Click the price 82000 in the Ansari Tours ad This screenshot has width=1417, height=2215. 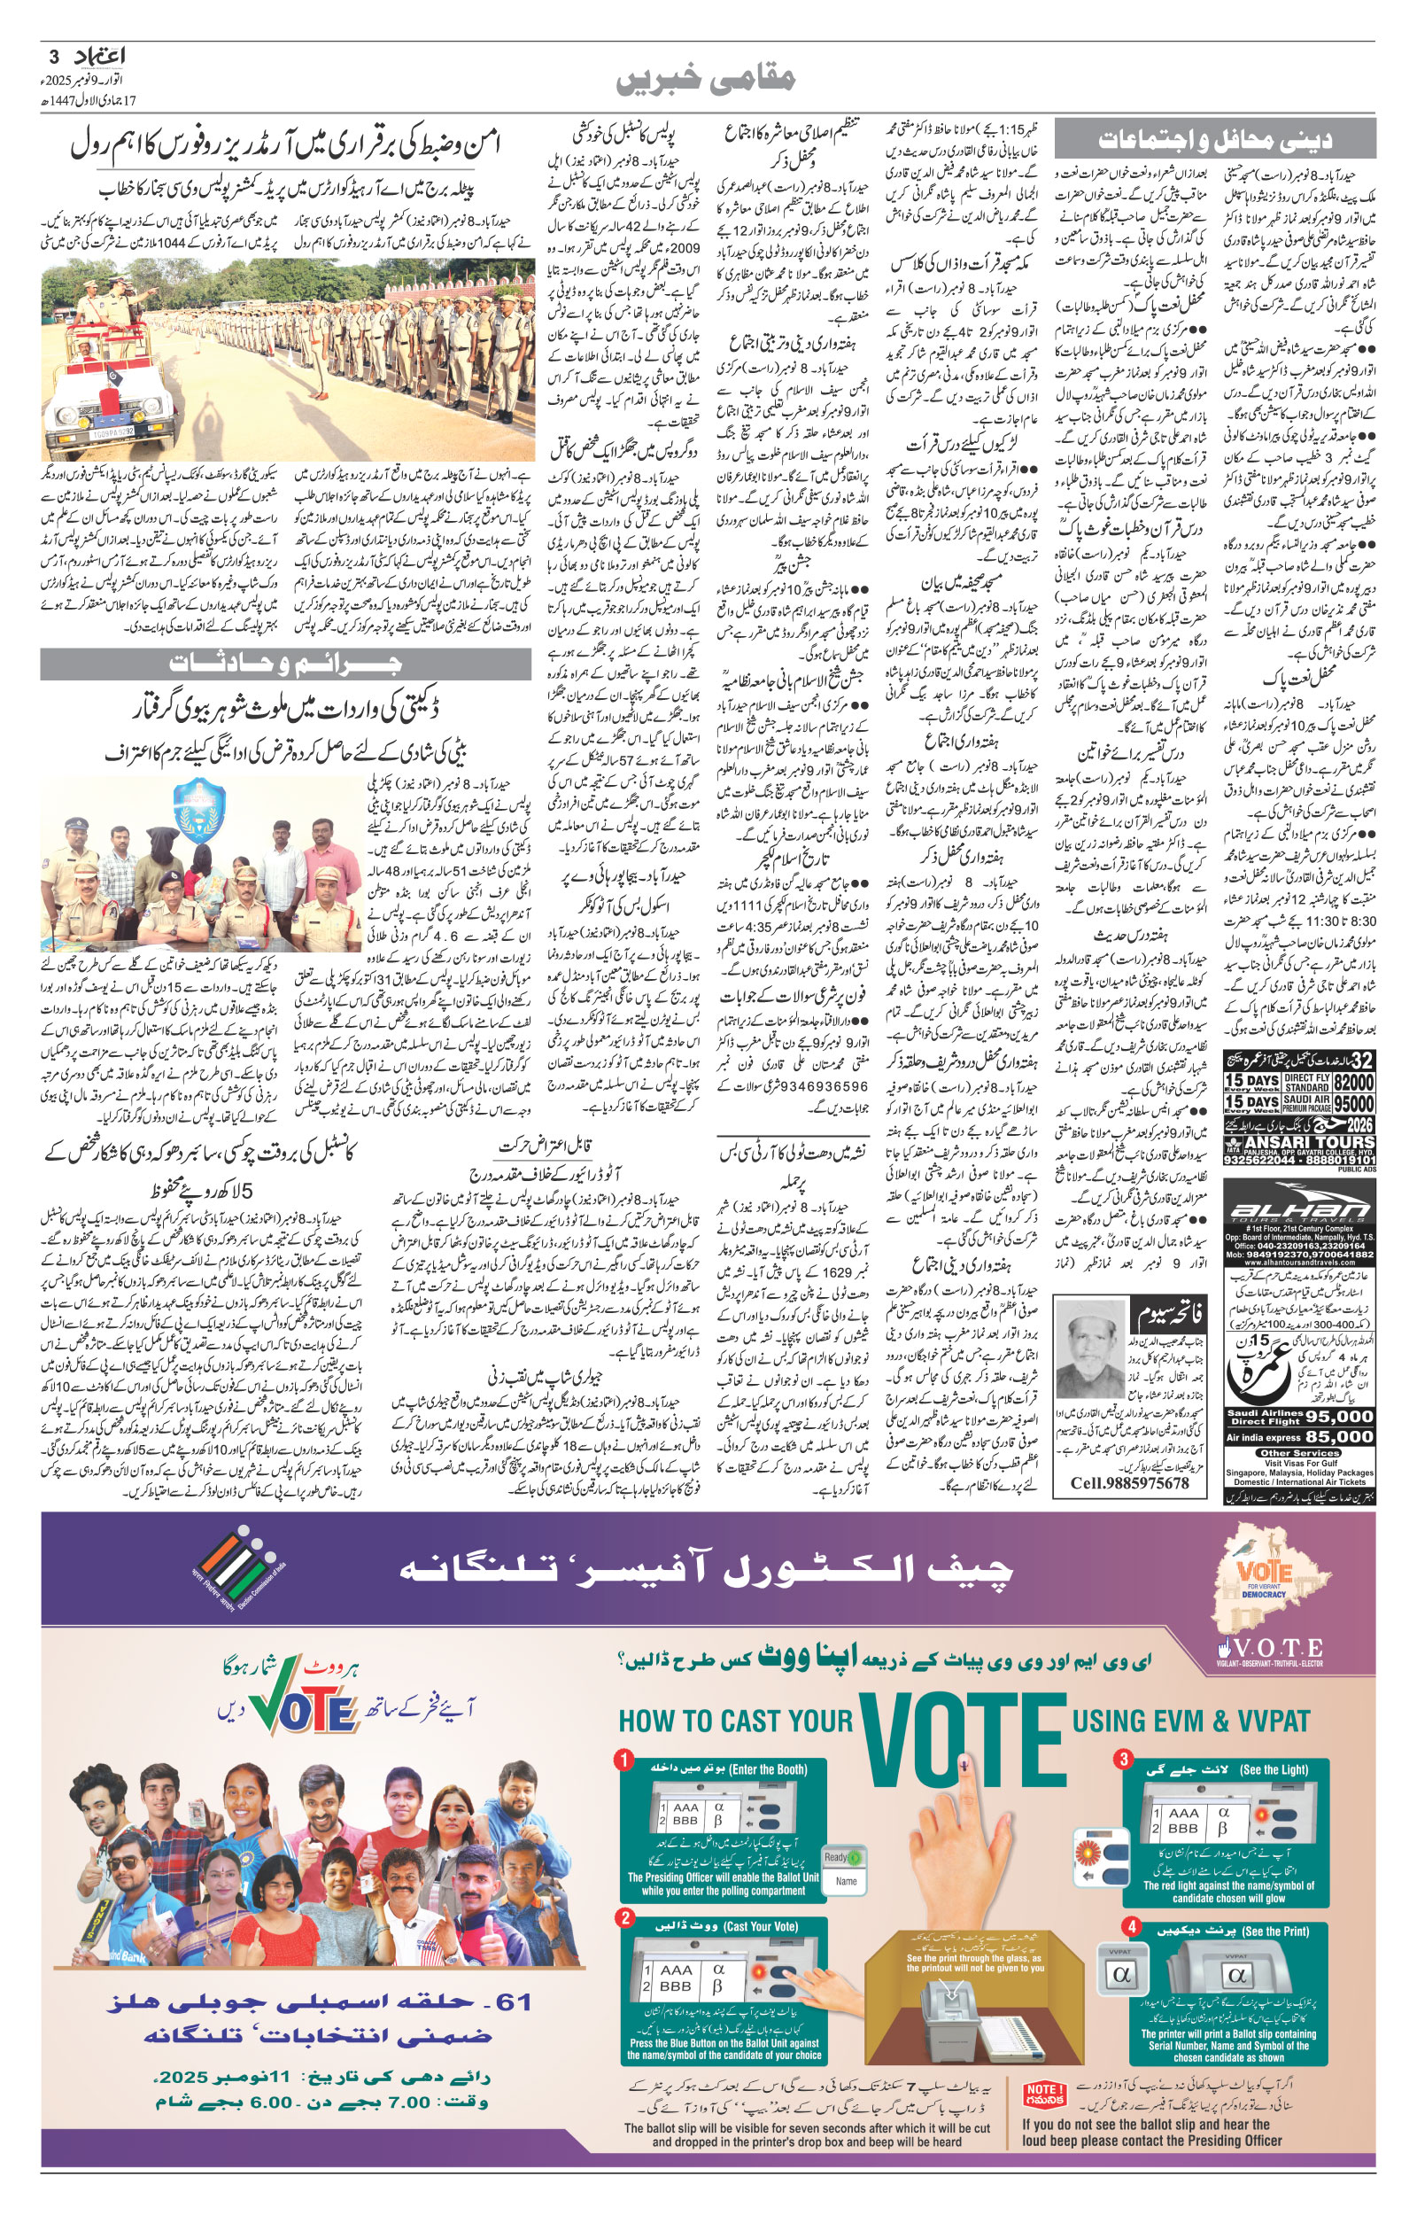(x=1353, y=1082)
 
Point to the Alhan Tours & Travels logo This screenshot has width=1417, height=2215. (x=1299, y=1212)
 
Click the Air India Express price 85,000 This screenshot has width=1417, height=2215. (x=1339, y=1435)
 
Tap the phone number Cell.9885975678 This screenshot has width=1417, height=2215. (x=1130, y=1482)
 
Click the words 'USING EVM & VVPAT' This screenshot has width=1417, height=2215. (x=1189, y=1720)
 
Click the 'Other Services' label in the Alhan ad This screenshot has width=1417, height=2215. (x=1299, y=1453)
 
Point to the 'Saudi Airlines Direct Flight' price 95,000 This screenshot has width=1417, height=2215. (x=1339, y=1416)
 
